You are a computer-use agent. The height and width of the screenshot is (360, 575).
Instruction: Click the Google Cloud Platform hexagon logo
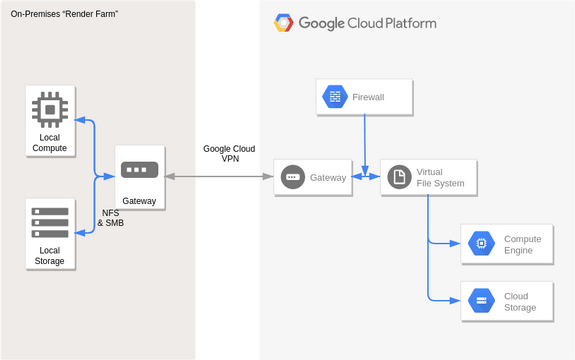click(284, 23)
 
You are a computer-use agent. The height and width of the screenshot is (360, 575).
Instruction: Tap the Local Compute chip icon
click(49, 108)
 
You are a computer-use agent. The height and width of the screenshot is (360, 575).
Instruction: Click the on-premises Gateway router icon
click(139, 171)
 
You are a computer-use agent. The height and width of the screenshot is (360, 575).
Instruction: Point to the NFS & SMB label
click(111, 218)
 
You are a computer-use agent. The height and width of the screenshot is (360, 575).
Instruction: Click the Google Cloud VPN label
click(229, 153)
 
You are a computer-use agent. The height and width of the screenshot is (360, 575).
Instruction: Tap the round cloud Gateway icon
click(293, 177)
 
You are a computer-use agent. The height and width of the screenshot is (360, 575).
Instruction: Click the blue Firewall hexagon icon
click(334, 97)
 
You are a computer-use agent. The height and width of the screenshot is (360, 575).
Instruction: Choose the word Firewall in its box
click(368, 97)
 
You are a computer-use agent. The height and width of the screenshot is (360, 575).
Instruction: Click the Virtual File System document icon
click(399, 177)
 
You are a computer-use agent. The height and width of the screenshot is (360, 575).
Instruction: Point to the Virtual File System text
click(440, 177)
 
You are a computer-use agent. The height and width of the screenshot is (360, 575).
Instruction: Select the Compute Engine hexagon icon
click(481, 244)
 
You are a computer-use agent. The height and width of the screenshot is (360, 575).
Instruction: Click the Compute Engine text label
click(522, 244)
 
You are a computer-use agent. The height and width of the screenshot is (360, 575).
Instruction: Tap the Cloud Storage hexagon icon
click(481, 301)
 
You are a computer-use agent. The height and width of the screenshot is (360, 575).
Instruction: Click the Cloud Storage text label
click(520, 301)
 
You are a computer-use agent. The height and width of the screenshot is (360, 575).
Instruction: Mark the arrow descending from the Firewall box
click(365, 140)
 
